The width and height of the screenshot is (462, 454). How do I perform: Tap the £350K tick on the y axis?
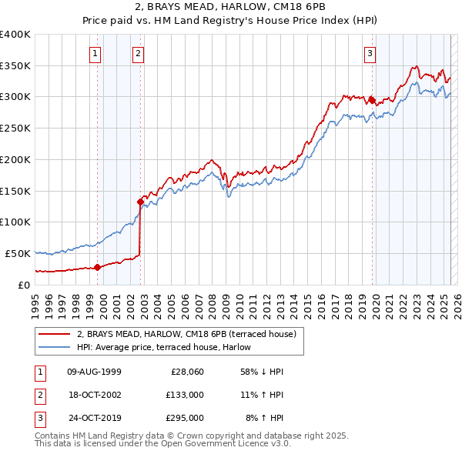point(15,66)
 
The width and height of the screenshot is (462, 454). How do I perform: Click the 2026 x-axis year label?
point(457,300)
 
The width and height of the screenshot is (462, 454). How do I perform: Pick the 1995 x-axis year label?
point(35,300)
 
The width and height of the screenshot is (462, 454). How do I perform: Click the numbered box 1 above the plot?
point(95,54)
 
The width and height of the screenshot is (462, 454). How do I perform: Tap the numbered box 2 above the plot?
point(138,54)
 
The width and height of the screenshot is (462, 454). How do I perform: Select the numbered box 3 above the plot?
point(370,54)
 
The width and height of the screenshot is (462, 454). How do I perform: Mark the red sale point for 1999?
point(98,267)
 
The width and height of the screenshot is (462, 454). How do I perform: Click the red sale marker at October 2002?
point(141,202)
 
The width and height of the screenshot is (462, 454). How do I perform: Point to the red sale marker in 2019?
point(372,99)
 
